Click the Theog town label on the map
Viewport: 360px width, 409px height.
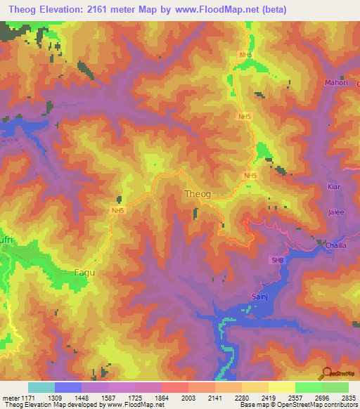tap(198, 193)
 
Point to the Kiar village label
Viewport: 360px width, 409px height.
tap(334, 186)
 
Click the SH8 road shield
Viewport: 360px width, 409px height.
tap(278, 260)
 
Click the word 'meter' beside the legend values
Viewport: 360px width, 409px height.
tap(10, 397)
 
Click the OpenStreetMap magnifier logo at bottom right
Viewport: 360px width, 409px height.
tap(326, 375)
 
